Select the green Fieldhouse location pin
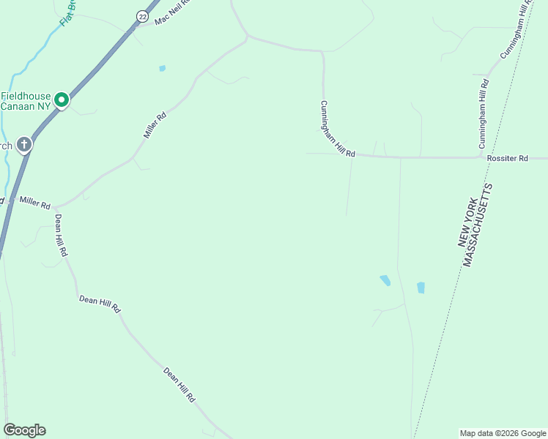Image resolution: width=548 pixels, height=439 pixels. pyautogui.click(x=62, y=100)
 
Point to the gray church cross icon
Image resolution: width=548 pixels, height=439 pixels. pyautogui.click(x=24, y=144)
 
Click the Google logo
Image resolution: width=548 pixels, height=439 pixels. pyautogui.click(x=24, y=430)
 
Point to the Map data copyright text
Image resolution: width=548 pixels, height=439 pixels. pyautogui.click(x=502, y=433)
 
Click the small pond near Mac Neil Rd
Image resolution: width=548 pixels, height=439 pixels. pyautogui.click(x=162, y=69)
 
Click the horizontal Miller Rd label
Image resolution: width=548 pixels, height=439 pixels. pyautogui.click(x=34, y=201)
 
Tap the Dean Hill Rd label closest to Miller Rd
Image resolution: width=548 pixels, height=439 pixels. pyautogui.click(x=61, y=235)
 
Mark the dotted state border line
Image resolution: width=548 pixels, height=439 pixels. pyautogui.click(x=440, y=351)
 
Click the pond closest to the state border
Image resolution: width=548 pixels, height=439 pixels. pyautogui.click(x=421, y=288)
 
